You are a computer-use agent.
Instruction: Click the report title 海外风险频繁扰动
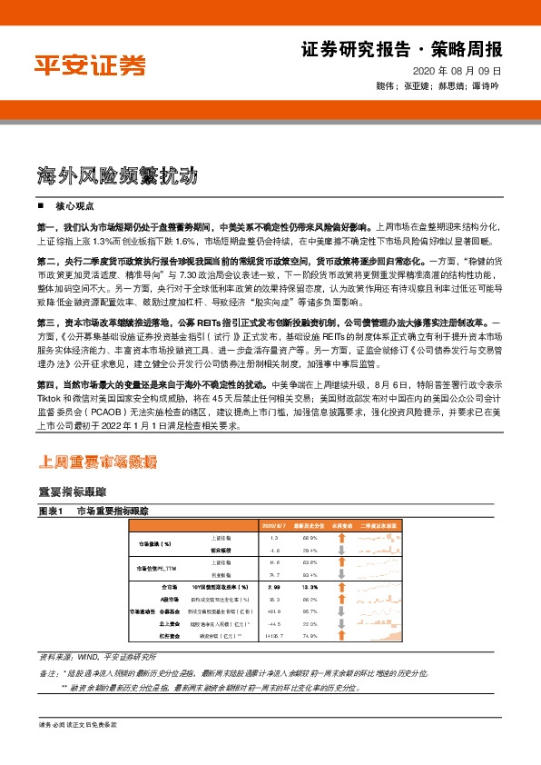click(118, 175)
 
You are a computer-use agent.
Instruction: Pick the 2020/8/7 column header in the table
click(273, 525)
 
